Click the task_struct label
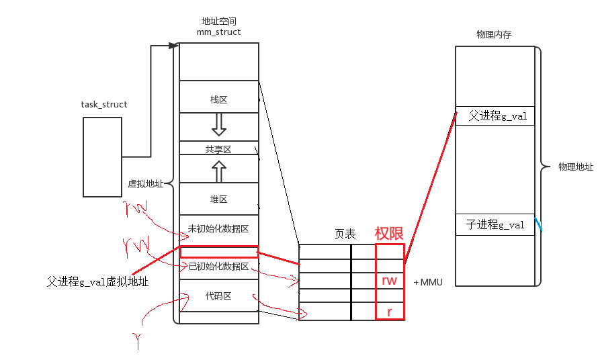104,105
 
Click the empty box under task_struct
103,157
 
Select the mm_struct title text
219,32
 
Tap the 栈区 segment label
219,100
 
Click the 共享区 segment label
218,150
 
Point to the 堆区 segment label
219,199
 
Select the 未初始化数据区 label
218,229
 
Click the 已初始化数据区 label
218,267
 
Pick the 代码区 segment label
219,296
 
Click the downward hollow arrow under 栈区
218,123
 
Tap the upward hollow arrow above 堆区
218,172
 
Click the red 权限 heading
389,233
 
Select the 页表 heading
345,234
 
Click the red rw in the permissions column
390,281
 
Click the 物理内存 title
493,35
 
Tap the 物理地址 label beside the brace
576,167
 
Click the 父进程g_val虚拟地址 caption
97,283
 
